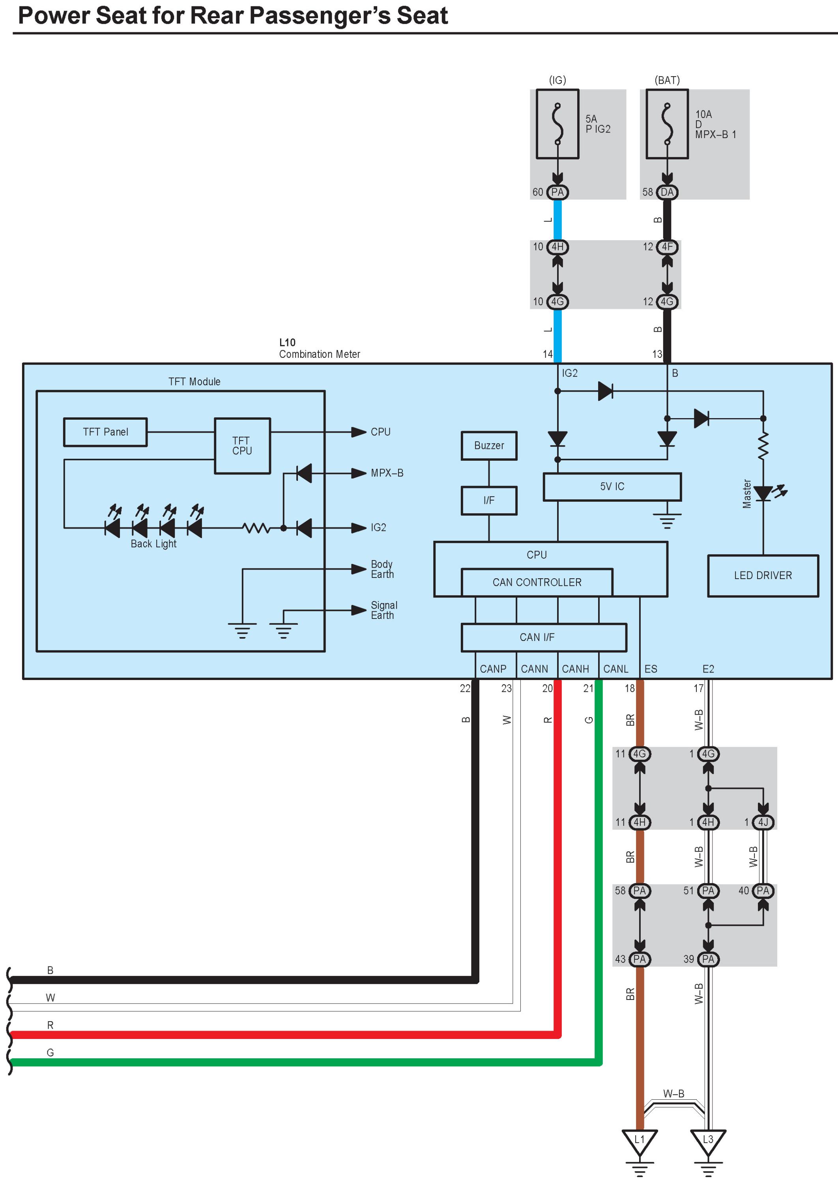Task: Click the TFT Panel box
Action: [105, 432]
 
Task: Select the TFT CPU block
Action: [242, 446]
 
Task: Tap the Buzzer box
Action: [489, 445]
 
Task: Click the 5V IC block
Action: [612, 486]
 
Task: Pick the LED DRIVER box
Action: [763, 575]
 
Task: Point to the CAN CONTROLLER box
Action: [537, 582]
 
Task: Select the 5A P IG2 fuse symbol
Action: [557, 124]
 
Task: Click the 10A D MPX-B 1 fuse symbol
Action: [667, 124]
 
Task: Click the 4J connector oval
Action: [763, 822]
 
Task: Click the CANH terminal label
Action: [575, 669]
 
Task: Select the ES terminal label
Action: [651, 669]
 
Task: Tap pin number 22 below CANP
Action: [465, 688]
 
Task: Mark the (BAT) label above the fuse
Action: [667, 80]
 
